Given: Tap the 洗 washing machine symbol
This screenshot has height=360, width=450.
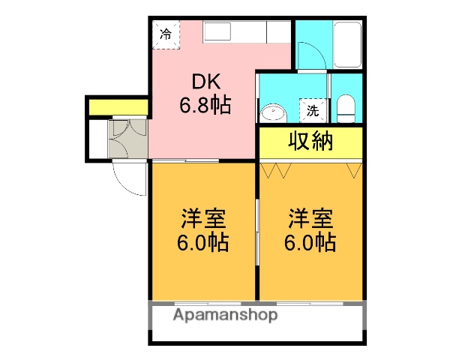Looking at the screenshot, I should [312, 111].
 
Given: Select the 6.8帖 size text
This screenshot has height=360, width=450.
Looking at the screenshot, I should [204, 106].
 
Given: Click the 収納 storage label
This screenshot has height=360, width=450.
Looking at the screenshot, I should [310, 141].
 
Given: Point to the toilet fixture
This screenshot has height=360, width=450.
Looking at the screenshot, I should [346, 109].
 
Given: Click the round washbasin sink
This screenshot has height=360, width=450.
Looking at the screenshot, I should [274, 114].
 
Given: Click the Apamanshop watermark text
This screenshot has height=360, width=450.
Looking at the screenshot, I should [225, 315].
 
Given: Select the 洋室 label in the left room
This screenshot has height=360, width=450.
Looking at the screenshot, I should [204, 220].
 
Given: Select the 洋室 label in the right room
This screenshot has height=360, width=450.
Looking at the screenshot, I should [310, 220].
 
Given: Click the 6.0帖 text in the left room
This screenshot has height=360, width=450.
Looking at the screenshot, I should [204, 243].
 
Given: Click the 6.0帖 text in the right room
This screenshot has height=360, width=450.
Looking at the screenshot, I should [310, 243].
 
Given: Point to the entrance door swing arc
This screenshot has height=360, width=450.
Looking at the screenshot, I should [127, 178].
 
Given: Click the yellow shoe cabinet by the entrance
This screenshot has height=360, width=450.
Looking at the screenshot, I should [118, 107].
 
